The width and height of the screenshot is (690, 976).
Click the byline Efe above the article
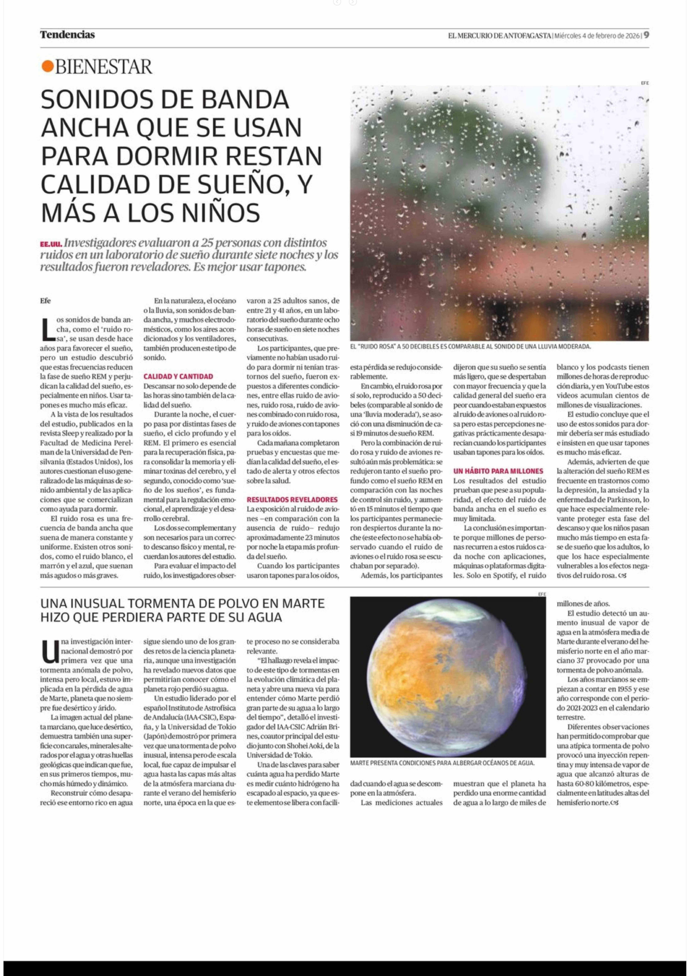45,301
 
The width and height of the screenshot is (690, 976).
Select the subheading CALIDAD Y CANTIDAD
178,376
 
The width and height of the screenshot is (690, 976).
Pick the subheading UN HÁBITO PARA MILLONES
498,471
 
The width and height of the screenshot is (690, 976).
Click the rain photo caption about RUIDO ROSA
470,346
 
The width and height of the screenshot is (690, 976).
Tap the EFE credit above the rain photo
645,83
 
